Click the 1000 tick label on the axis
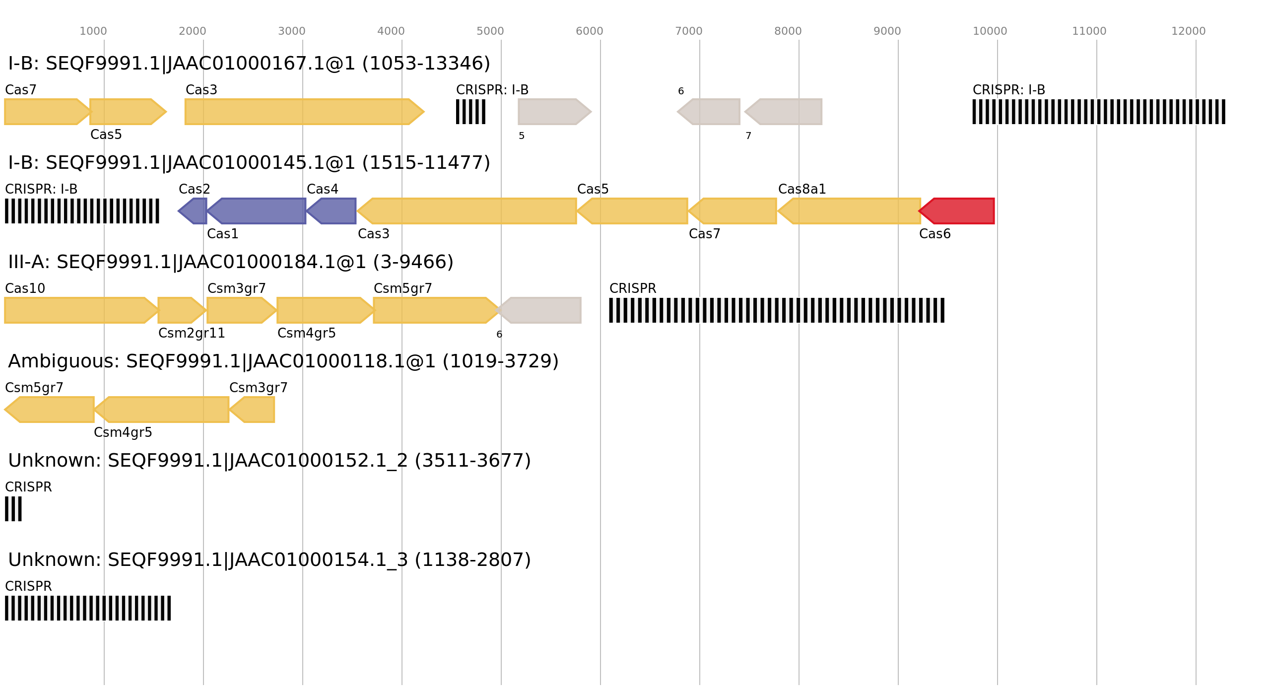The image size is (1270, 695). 93,31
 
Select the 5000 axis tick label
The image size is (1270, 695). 490,31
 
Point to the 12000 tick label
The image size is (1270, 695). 1188,31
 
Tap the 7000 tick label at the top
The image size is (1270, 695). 688,31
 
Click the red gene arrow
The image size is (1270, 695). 958,211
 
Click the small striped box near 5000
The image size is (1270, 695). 470,112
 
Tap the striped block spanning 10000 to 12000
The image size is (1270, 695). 1098,112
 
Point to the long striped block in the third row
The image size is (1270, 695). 777,310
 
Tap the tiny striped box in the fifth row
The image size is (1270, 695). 13,509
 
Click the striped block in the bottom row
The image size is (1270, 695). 88,608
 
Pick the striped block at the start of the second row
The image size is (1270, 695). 82,211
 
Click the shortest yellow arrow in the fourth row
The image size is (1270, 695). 253,410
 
